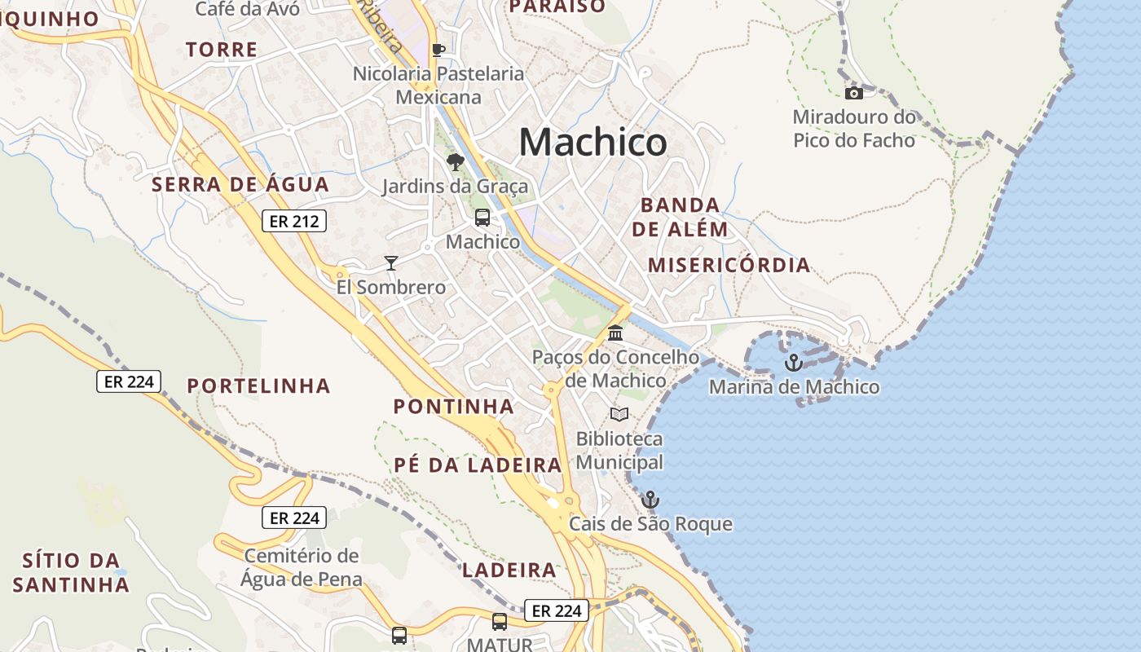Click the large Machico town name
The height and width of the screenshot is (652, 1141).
pyautogui.click(x=593, y=143)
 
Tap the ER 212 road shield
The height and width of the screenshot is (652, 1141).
pyautogui.click(x=293, y=221)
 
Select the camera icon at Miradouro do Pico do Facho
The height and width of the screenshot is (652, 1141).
pyautogui.click(x=854, y=93)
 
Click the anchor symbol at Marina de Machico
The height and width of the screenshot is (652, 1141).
pyautogui.click(x=793, y=363)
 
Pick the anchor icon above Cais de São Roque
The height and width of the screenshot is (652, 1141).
pyautogui.click(x=650, y=499)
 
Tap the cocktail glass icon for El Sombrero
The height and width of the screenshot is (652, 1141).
pyautogui.click(x=391, y=262)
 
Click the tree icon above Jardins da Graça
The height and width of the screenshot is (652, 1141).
pyautogui.click(x=455, y=162)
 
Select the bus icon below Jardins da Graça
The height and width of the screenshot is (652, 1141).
pyautogui.click(x=482, y=218)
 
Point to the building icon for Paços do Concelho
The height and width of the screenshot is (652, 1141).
pyautogui.click(x=615, y=333)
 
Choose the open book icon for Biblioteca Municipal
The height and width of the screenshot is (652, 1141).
pyautogui.click(x=619, y=414)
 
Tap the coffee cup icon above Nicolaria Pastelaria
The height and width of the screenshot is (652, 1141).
pyautogui.click(x=438, y=50)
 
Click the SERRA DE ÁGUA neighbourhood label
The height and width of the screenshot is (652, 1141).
pyautogui.click(x=240, y=184)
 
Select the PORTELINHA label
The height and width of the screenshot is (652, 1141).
pyautogui.click(x=259, y=385)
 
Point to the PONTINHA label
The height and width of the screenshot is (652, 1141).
pyautogui.click(x=454, y=406)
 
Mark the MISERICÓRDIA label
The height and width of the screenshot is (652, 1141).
pyautogui.click(x=729, y=265)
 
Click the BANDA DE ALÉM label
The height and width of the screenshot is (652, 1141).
pyautogui.click(x=680, y=217)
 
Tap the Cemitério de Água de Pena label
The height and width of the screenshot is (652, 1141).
pyautogui.click(x=302, y=568)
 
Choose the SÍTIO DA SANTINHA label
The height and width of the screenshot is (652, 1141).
pyautogui.click(x=71, y=572)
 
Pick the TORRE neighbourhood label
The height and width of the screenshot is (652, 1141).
pyautogui.click(x=222, y=50)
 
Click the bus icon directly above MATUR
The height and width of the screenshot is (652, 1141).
pyautogui.click(x=500, y=622)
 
